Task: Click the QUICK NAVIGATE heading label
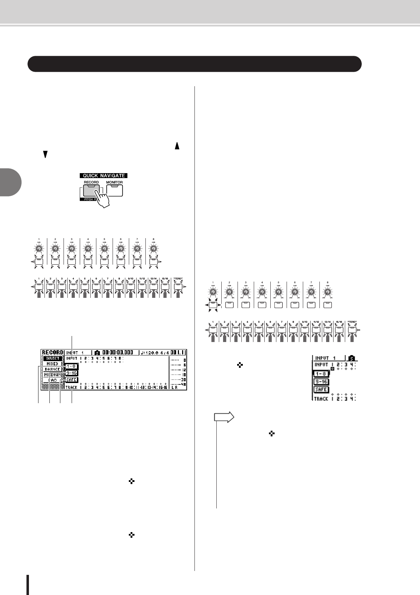pyautogui.click(x=104, y=176)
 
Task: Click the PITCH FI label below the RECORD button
pyautogui.click(x=88, y=200)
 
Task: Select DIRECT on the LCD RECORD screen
pyautogui.click(x=52, y=358)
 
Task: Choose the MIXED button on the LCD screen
pyautogui.click(x=52, y=364)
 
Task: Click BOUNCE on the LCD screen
pyautogui.click(x=52, y=369)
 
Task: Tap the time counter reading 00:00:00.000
pyautogui.click(x=118, y=352)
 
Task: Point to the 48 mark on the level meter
pyautogui.click(x=183, y=384)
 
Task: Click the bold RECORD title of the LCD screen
pyautogui.click(x=52, y=352)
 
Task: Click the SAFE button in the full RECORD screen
pyautogui.click(x=71, y=379)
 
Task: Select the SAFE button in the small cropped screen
pyautogui.click(x=321, y=389)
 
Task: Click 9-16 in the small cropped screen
pyautogui.click(x=321, y=382)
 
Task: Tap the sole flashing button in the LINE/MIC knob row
pyautogui.click(x=213, y=305)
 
